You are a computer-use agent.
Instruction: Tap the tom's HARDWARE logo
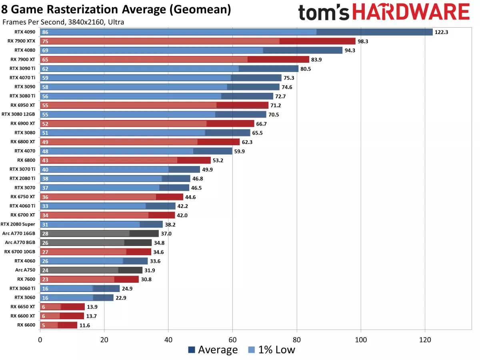point(384,12)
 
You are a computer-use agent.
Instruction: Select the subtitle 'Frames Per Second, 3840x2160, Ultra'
point(63,22)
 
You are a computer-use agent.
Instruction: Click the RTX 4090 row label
point(25,32)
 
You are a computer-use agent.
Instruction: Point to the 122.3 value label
point(441,32)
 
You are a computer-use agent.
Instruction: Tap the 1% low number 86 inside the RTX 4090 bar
point(45,32)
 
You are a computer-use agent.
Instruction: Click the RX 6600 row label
point(26,325)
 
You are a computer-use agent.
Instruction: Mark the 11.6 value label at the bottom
point(85,325)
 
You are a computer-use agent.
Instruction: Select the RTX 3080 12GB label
point(18,114)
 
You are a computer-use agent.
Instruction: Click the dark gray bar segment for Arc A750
point(130,270)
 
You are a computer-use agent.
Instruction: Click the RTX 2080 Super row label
point(18,224)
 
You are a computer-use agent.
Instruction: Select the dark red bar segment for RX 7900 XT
point(278,59)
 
